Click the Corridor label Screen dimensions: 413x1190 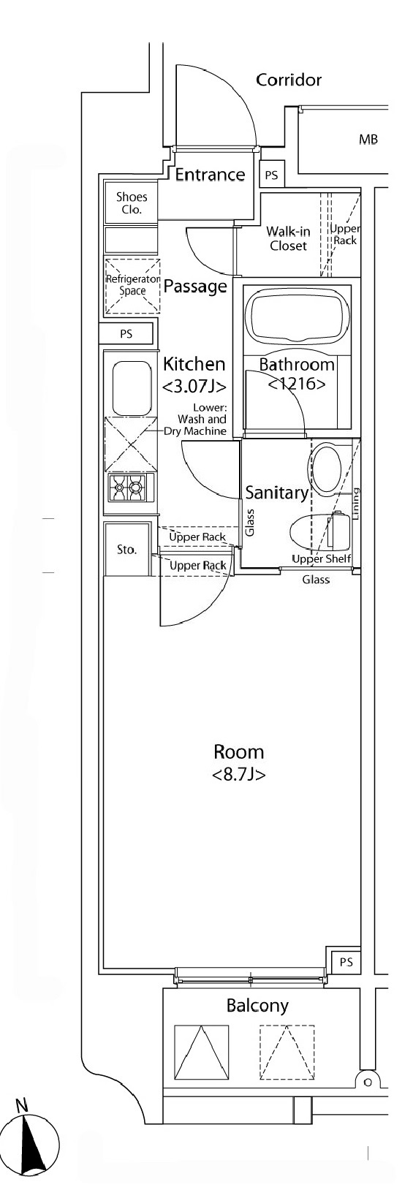289,80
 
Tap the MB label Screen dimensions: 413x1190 368,140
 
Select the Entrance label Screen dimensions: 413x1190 210,174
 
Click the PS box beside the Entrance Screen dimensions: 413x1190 271,175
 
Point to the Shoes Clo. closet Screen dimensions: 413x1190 132,203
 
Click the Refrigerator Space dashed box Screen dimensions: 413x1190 133,286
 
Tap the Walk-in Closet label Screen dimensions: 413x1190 288,238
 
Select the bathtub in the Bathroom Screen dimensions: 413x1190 298,319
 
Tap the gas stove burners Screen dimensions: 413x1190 128,487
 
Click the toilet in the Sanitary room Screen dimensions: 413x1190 320,532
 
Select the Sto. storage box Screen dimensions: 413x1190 126,549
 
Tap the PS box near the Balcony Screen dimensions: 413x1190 346,961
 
